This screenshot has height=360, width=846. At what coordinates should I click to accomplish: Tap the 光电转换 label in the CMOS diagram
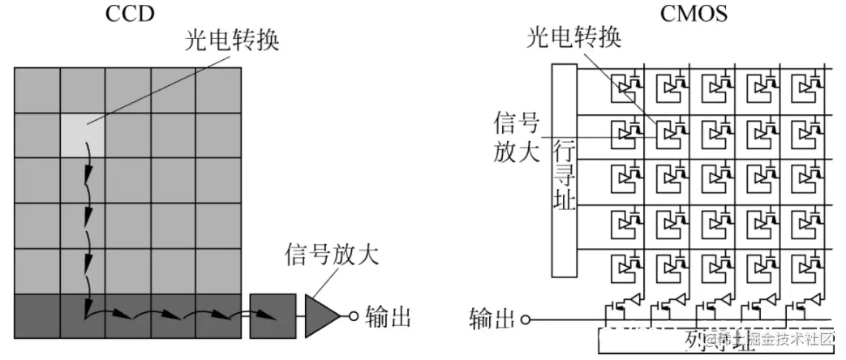[575, 39]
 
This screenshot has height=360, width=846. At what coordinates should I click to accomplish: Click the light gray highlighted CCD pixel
[84, 135]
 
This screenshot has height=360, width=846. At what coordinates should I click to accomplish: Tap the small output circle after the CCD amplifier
[354, 316]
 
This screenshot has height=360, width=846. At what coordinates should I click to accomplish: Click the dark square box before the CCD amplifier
[271, 316]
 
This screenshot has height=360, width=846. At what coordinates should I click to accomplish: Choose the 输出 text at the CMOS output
[492, 319]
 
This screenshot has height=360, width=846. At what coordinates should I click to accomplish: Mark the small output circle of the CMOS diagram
[526, 319]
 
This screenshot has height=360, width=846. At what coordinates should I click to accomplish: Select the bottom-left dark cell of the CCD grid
[37, 316]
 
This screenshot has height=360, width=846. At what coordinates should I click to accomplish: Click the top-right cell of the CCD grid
[219, 89]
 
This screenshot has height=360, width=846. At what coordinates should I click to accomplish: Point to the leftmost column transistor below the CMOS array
[623, 308]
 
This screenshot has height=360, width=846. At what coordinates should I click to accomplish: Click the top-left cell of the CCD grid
[37, 89]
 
